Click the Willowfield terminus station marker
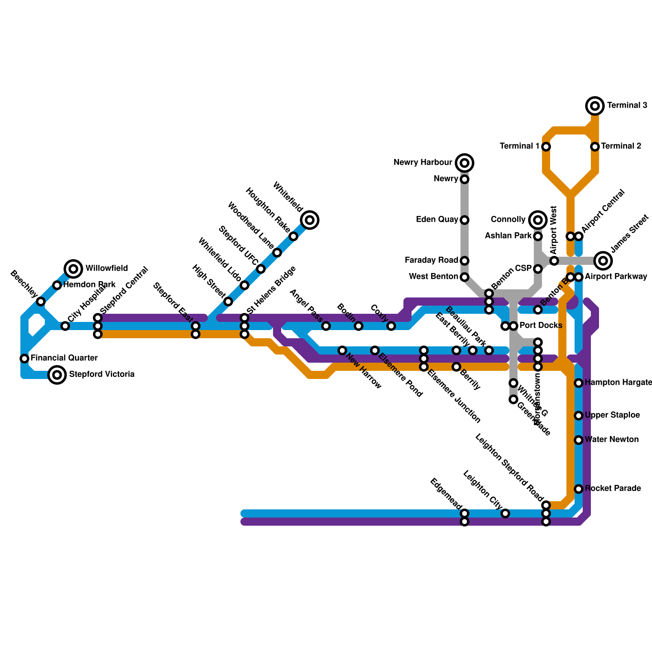click(x=73, y=269)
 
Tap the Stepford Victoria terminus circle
click(x=57, y=374)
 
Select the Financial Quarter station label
click(x=64, y=358)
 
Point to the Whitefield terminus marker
click(x=310, y=220)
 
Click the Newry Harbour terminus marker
click(x=465, y=163)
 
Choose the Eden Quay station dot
click(x=465, y=220)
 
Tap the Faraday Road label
click(x=431, y=260)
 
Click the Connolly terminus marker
click(x=538, y=220)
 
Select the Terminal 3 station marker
click(x=595, y=106)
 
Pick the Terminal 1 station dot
click(x=546, y=147)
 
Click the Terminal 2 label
click(x=621, y=146)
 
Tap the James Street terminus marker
click(x=603, y=260)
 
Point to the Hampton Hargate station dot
click(x=579, y=383)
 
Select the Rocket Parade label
click(x=613, y=489)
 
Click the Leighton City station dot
click(x=505, y=513)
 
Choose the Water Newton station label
click(x=612, y=440)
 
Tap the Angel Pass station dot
click(x=326, y=326)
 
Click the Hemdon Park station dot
click(x=57, y=285)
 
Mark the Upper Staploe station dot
click(x=579, y=416)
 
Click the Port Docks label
click(x=541, y=326)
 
